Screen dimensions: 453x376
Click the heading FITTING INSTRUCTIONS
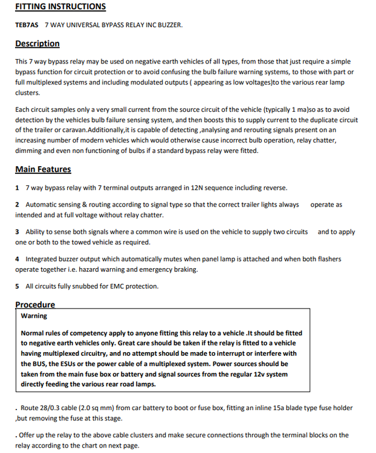click(x=60, y=7)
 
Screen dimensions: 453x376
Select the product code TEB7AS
click(x=27, y=25)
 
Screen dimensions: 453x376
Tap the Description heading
click(x=37, y=43)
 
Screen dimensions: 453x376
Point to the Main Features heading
click(x=43, y=169)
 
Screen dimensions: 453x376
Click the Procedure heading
click(x=35, y=304)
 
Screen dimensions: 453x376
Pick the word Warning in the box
click(x=34, y=315)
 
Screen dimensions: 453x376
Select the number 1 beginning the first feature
click(x=18, y=188)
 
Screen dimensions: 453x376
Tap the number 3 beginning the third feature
click(x=18, y=232)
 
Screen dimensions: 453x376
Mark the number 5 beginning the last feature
click(x=18, y=286)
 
